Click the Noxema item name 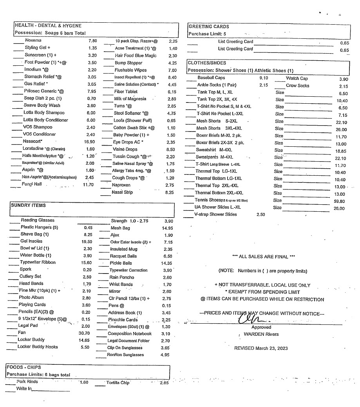coord(33,41)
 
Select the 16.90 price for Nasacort coord(90,142)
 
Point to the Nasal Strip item coord(122,192)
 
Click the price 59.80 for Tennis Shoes coord(339,201)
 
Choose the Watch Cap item coord(297,78)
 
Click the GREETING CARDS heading coord(209,27)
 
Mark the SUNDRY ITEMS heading coord(28,205)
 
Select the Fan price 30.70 coord(84,333)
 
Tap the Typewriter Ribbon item coord(38,262)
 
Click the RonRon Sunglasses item coord(125,355)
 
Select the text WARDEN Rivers coord(261,334)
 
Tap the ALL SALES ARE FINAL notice coord(264,256)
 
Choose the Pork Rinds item coord(27,382)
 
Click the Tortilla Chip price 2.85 coord(164,383)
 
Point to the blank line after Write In coord(51,390)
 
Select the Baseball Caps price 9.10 coord(264,78)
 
